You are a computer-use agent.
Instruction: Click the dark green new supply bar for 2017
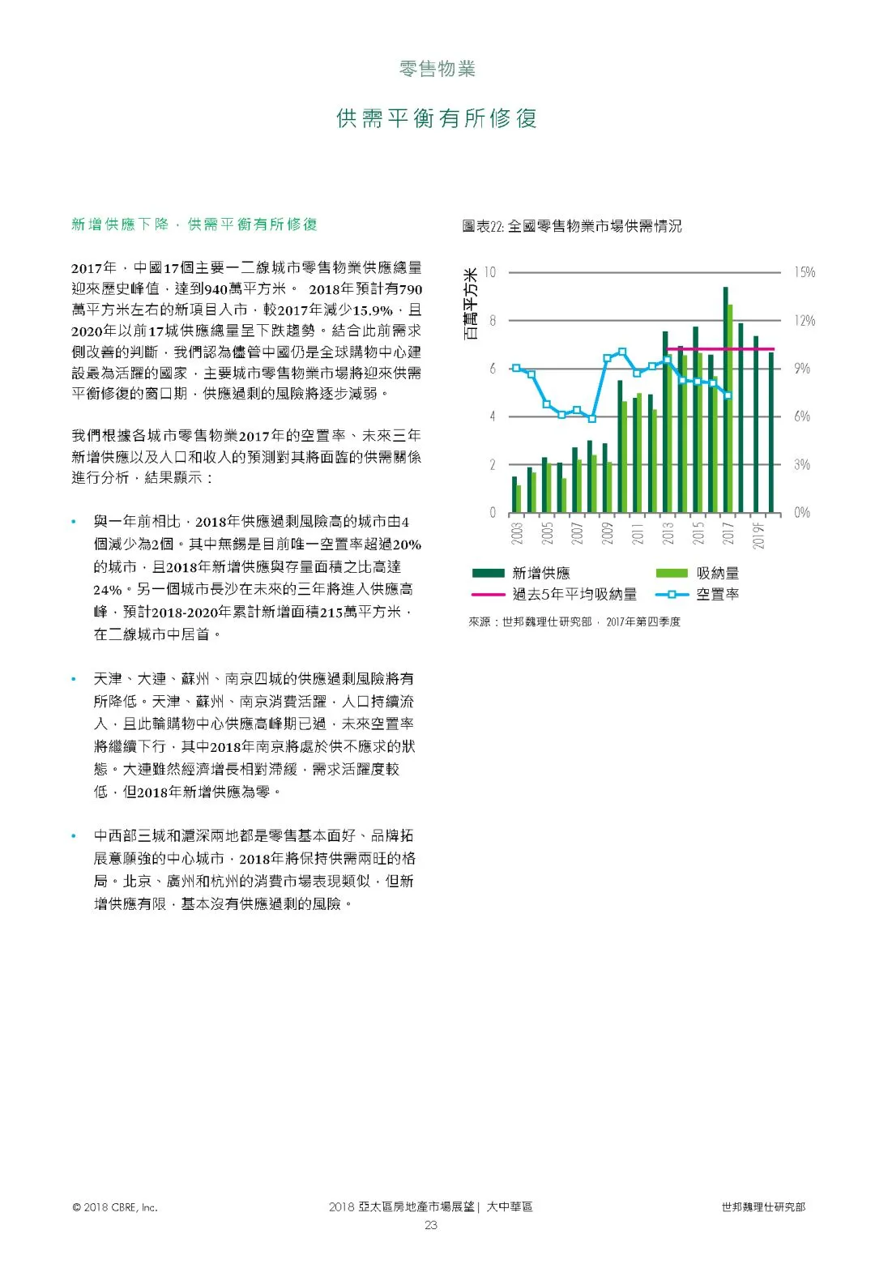tap(725, 400)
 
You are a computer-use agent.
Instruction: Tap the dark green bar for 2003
tap(514, 495)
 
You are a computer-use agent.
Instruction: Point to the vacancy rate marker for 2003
tap(516, 368)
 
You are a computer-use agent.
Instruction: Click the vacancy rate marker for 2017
tap(728, 395)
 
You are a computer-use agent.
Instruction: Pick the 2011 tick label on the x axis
tap(638, 533)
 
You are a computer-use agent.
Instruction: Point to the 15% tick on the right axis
tap(804, 272)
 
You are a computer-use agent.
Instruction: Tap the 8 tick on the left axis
tap(492, 320)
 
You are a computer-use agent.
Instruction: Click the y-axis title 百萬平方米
tap(471, 304)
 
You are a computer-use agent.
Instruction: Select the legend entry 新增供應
tap(540, 574)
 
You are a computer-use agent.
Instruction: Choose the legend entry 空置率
tap(717, 595)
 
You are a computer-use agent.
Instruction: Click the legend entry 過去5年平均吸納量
tap(574, 595)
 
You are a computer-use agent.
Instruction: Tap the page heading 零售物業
tap(437, 69)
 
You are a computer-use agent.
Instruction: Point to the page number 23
tap(431, 1225)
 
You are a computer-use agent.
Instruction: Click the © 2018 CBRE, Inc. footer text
tap(115, 1207)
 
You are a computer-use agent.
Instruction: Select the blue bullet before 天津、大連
tap(74, 679)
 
